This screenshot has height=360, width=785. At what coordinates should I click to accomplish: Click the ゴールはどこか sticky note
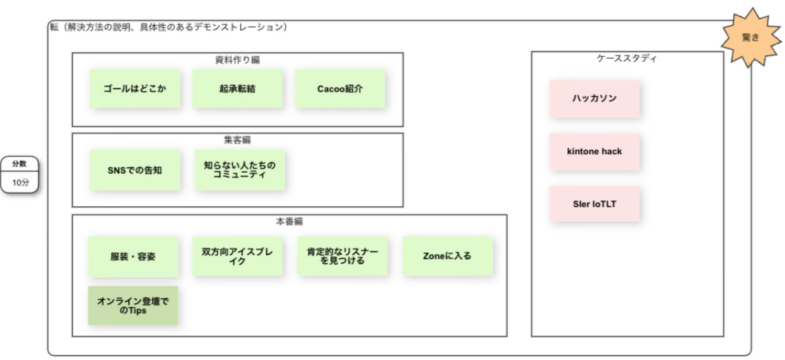(x=135, y=88)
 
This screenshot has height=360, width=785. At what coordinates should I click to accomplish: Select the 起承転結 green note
(x=237, y=88)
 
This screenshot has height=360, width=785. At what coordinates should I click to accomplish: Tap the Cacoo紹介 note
(x=340, y=88)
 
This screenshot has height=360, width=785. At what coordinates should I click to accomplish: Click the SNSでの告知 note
(x=135, y=170)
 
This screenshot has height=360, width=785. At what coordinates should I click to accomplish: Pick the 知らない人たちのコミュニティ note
(x=240, y=170)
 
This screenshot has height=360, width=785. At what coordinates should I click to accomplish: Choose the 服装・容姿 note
(x=133, y=256)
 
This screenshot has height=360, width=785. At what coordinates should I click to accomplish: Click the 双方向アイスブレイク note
(x=237, y=256)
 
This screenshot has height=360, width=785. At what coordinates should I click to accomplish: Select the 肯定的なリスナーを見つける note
(x=342, y=256)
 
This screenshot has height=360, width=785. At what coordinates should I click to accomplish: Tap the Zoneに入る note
(x=447, y=256)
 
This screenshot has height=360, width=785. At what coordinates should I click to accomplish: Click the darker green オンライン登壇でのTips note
(x=133, y=305)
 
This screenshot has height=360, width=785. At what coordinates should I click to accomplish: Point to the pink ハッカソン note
(x=595, y=98)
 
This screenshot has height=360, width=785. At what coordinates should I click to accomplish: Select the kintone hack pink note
(x=595, y=151)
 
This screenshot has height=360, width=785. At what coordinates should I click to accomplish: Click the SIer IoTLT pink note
(x=595, y=204)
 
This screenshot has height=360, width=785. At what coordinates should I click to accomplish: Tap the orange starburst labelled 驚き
(x=750, y=38)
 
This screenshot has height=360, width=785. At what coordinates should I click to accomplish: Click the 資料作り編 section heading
(x=237, y=60)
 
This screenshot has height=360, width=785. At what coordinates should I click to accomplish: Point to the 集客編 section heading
(x=237, y=140)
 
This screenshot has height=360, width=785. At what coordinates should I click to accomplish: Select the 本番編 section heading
(x=289, y=221)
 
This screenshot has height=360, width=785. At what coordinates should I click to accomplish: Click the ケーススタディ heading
(x=626, y=58)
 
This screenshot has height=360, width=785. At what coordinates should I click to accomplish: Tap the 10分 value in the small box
(x=21, y=182)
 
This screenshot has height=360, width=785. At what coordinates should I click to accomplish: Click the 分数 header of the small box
(x=19, y=163)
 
